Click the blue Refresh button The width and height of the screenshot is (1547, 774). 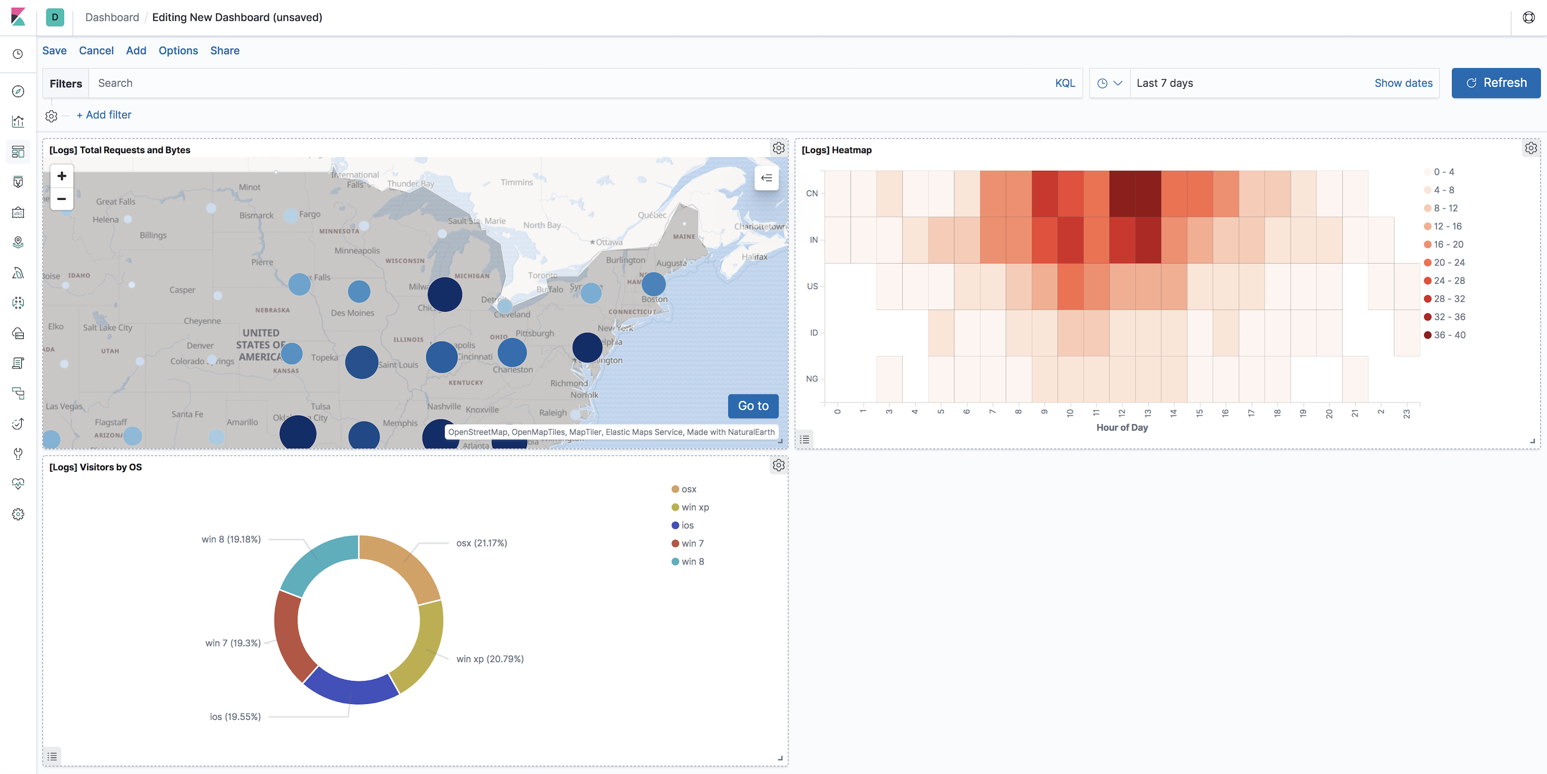(1495, 83)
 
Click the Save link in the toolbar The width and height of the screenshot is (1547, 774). (54, 51)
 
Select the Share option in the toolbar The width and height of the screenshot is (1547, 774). (225, 51)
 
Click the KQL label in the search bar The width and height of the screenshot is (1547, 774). (1065, 83)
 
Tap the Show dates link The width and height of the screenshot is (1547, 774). (1403, 83)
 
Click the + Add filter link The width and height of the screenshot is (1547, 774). (104, 115)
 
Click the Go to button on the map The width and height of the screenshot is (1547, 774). (753, 406)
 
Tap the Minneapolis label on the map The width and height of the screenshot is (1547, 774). (357, 250)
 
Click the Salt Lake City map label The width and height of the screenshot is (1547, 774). (107, 327)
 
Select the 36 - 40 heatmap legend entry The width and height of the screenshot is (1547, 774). (1448, 335)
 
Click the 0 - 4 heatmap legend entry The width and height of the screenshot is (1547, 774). (1443, 172)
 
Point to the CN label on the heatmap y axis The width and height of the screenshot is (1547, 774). (811, 193)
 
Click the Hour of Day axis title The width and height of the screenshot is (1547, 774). (1121, 428)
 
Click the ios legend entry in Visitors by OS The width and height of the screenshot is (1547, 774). (687, 525)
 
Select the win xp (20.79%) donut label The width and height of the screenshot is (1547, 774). (489, 659)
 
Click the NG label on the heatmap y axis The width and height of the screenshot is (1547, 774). (811, 379)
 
